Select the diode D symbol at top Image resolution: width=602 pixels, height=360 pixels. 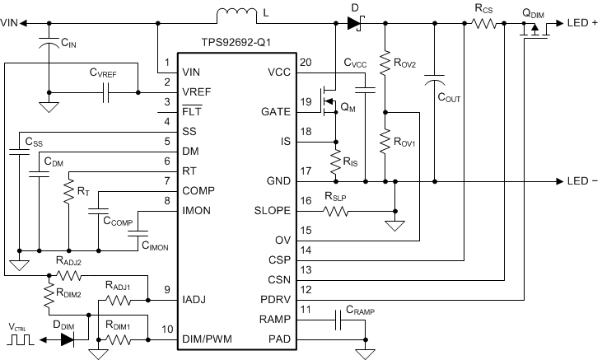point(355,23)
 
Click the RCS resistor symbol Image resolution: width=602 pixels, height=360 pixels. point(484,23)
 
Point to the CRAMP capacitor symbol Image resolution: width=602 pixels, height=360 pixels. point(338,320)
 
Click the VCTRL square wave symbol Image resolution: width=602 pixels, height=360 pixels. point(21,338)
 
